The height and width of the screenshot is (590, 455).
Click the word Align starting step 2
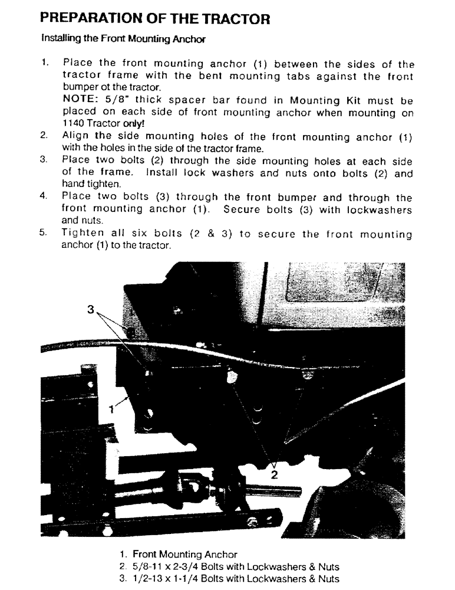77,137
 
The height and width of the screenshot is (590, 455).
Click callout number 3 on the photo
90,309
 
